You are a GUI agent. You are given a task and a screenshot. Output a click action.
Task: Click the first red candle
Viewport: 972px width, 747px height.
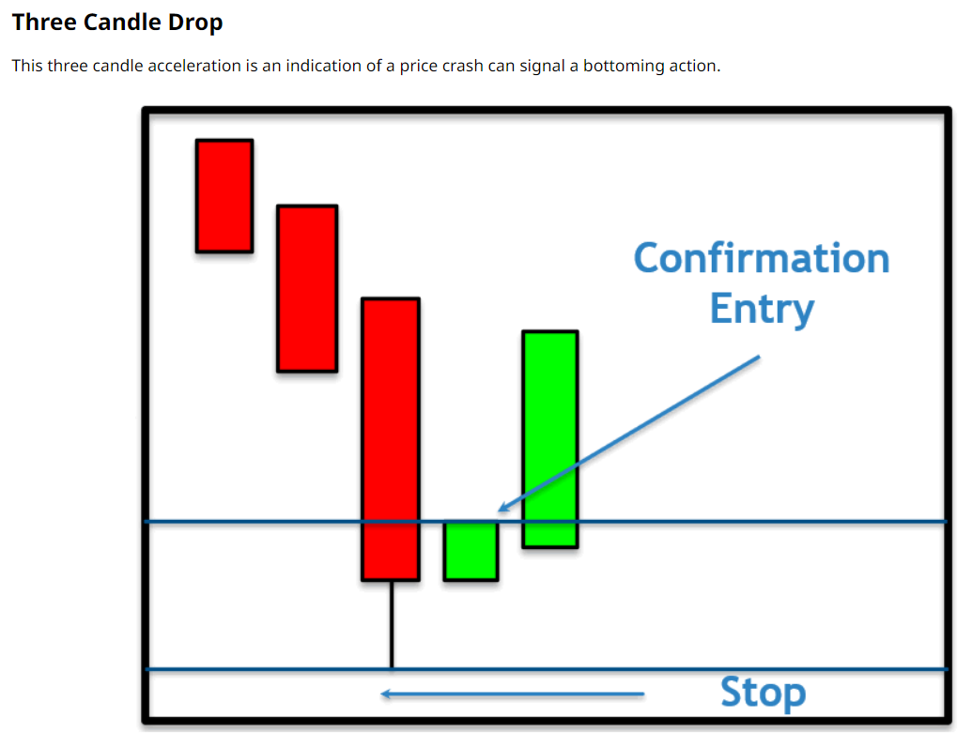(x=224, y=196)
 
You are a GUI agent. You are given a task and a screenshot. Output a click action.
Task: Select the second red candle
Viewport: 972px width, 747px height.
(x=307, y=289)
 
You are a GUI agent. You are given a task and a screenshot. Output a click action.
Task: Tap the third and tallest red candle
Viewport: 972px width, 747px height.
(x=391, y=439)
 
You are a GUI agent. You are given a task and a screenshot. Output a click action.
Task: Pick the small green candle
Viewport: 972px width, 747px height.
(x=471, y=551)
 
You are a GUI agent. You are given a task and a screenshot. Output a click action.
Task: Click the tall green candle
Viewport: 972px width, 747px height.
(x=550, y=439)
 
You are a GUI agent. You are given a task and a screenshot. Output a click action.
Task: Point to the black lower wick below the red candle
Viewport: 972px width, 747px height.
(x=392, y=625)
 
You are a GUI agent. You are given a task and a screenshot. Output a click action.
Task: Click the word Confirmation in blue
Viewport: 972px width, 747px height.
(x=762, y=258)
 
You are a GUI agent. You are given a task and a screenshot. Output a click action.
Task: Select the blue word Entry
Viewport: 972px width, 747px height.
(x=762, y=309)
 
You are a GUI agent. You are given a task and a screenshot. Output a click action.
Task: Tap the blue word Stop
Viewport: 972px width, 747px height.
(x=764, y=693)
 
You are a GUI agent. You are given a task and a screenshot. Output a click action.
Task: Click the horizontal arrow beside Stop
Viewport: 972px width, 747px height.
(x=513, y=694)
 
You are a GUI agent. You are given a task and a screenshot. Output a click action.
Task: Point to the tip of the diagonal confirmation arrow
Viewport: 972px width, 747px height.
(x=499, y=511)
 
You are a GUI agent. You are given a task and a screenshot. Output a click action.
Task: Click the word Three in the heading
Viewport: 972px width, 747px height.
(x=45, y=23)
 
